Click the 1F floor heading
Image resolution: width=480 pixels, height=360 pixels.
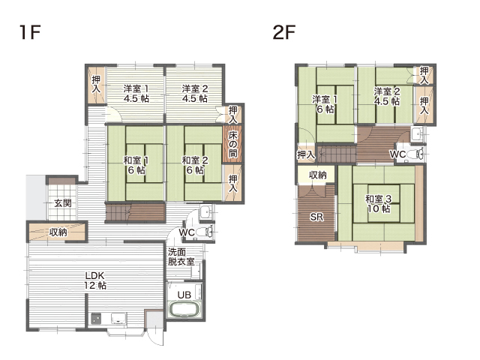click(30, 32)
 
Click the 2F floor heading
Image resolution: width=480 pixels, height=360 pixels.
click(283, 32)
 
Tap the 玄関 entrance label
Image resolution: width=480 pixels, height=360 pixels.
click(63, 203)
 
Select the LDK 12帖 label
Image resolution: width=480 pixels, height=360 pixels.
click(95, 280)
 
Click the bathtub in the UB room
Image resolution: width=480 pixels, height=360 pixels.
click(184, 309)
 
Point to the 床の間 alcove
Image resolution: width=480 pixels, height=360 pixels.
click(232, 144)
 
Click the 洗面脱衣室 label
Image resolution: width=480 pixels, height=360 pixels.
click(181, 256)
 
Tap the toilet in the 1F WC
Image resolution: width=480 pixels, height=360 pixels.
click(204, 232)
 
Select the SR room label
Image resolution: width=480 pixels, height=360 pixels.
click(316, 217)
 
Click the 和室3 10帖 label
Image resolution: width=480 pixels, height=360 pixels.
click(379, 203)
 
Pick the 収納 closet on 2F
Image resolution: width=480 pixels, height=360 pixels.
click(317, 175)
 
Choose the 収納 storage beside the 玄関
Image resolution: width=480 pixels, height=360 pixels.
click(57, 232)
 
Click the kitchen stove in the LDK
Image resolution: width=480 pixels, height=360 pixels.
click(97, 319)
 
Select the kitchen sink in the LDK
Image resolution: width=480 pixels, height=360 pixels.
click(118, 318)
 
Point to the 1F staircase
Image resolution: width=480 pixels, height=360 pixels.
click(136, 212)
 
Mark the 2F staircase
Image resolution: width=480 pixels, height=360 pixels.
click(337, 154)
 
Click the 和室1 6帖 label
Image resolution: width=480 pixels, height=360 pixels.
click(136, 165)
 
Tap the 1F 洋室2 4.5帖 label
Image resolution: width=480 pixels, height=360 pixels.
click(195, 93)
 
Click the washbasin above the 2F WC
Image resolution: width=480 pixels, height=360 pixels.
click(417, 134)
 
